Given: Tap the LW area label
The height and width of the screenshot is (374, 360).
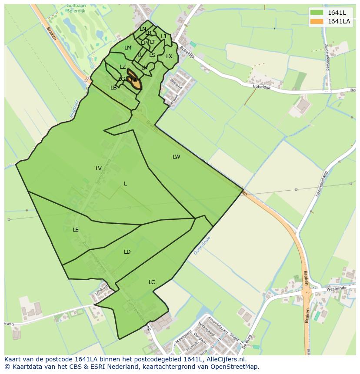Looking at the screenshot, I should pyautogui.click(x=176, y=157).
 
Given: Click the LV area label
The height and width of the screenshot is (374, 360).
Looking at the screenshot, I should pyautogui.click(x=99, y=169).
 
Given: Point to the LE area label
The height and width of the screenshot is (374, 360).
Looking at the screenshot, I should pyautogui.click(x=76, y=230).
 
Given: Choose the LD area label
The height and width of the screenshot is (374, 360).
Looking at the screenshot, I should pyautogui.click(x=127, y=252).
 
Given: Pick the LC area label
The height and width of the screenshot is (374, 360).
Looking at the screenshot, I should pyautogui.click(x=152, y=282).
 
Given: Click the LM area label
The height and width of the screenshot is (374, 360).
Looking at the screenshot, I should pyautogui.click(x=128, y=48).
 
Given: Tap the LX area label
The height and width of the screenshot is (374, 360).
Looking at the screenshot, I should pyautogui.click(x=169, y=56).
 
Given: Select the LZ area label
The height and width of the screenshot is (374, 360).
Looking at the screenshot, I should pyautogui.click(x=123, y=67).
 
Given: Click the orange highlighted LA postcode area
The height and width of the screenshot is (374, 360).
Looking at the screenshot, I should pyautogui.click(x=134, y=80).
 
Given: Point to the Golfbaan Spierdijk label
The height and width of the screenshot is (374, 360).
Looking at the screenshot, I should pyautogui.click(x=76, y=8).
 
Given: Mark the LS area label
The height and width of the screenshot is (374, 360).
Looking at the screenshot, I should pyautogui.click(x=152, y=55).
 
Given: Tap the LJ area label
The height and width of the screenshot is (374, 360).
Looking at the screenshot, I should pyautogui.click(x=163, y=36).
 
